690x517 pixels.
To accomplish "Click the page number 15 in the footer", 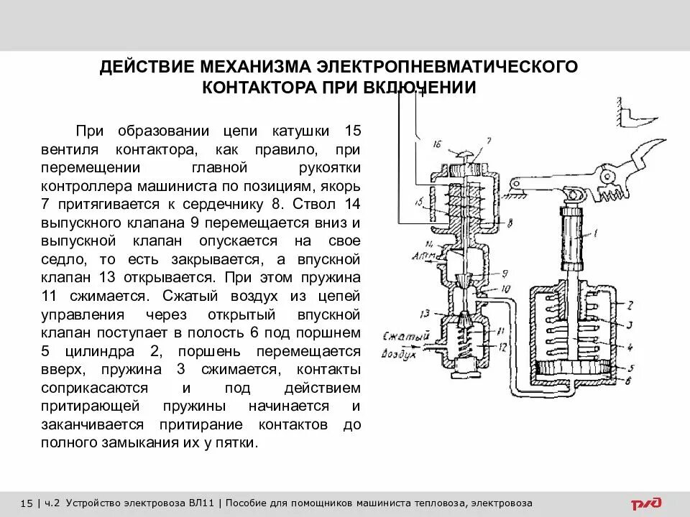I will pos(27,503).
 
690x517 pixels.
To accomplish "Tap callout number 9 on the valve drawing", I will pos(505,274).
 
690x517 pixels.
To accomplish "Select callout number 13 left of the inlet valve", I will pos(425,313).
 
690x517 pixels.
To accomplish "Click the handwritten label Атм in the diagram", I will pos(421,256).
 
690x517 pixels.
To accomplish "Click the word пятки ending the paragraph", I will pos(235,443).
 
